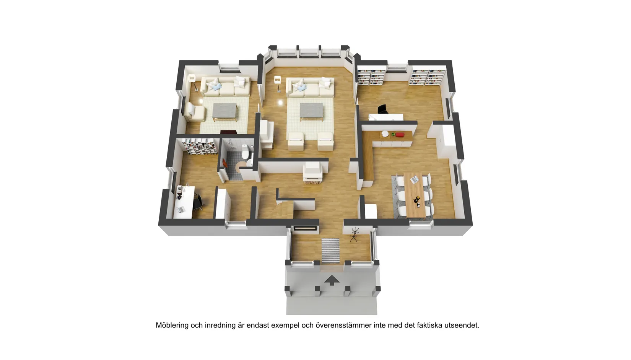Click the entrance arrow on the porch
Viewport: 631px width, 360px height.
[332, 280]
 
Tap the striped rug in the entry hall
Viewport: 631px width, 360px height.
[330, 251]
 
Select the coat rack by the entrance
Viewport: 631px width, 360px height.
[354, 235]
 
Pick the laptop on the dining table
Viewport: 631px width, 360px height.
[415, 179]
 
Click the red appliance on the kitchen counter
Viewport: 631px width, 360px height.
[400, 135]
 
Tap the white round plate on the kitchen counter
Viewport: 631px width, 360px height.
[385, 134]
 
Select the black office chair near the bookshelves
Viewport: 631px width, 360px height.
[383, 109]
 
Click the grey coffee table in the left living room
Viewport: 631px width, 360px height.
[224, 112]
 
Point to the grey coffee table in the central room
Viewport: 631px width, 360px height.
[311, 112]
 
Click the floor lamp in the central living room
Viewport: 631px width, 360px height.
[278, 84]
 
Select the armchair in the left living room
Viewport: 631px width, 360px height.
[194, 112]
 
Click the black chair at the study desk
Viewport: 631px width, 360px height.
[198, 202]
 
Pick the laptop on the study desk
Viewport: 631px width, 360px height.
[181, 209]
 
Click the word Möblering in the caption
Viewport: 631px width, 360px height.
[172, 325]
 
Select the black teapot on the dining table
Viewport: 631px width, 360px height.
[416, 200]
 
